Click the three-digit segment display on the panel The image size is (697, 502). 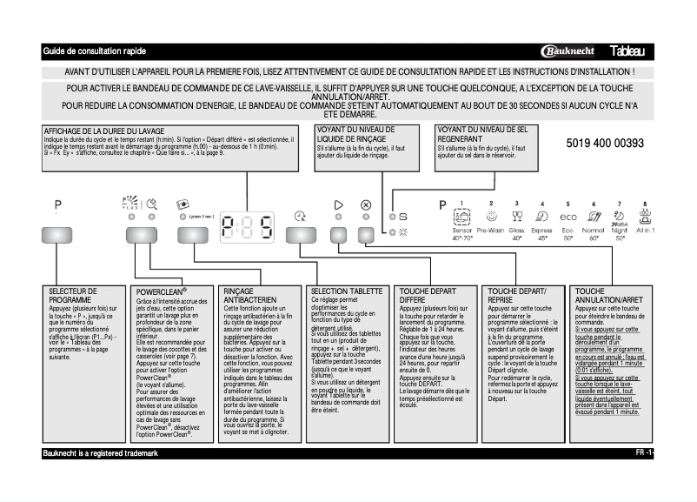pyautogui.click(x=247, y=228)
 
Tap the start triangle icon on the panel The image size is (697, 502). pyautogui.click(x=339, y=205)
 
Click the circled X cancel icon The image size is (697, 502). pyautogui.click(x=366, y=205)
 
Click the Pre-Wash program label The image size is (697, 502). pyautogui.click(x=491, y=230)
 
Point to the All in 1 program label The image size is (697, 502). pyautogui.click(x=645, y=230)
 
